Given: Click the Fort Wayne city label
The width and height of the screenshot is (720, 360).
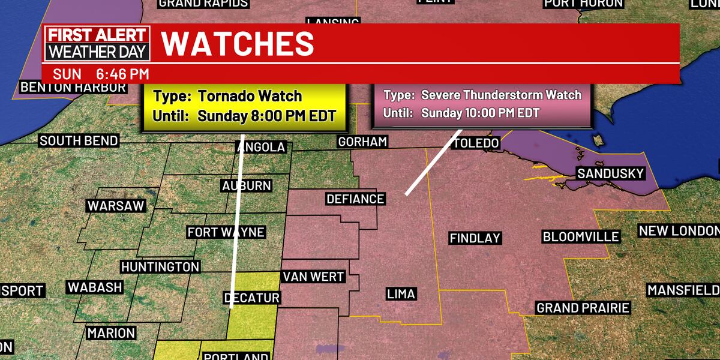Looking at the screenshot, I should coord(226,232).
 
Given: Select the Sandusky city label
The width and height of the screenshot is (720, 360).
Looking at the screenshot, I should coord(610,173).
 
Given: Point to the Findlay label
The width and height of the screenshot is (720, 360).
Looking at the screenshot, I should coord(475,238).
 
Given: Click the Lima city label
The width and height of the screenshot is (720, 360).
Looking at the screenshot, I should coord(401,294).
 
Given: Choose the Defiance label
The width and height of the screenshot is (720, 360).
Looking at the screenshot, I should coord(355,199).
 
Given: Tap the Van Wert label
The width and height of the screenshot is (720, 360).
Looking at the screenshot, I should coord(313,277).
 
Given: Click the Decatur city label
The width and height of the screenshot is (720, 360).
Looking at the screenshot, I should coord(251,298).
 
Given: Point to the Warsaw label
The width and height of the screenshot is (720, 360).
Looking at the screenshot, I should coord(116,206).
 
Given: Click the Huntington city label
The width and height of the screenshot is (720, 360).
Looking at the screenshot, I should coord(160,266).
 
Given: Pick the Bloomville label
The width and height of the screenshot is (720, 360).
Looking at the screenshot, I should coord(580,236).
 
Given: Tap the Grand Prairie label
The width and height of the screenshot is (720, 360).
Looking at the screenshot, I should coord(583,308).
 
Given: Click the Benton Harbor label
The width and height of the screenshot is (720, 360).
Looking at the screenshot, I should coord(73,88).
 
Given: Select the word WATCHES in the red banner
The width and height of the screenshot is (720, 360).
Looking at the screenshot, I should coord(238,43).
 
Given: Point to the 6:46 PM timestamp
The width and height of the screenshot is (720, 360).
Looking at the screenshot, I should coord(122,74).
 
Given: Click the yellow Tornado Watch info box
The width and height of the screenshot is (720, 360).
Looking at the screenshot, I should coord(245,105).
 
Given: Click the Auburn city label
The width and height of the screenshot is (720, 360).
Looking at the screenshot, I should coord(247,186).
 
